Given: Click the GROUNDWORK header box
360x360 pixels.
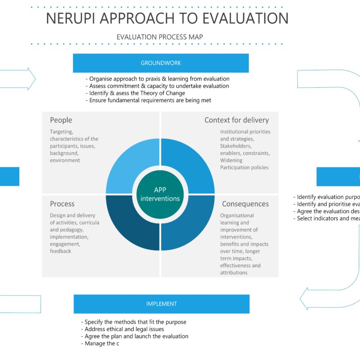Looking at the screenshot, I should point(161,63).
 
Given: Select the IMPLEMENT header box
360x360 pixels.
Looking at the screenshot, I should point(161,304).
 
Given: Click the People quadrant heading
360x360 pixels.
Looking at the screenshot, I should point(61,120).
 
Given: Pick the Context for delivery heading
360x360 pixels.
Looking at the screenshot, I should point(236,120).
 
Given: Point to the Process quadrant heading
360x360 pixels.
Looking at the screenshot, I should point(62,204).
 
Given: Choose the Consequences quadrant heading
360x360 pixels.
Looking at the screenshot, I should point(245,204).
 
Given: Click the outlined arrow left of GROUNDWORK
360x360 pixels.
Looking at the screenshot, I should point(18,79).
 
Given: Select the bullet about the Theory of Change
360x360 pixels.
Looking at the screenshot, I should point(135,93).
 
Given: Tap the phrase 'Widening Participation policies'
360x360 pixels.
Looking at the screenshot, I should point(244,164).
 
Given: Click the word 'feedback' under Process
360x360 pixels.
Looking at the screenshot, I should point(60,251).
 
